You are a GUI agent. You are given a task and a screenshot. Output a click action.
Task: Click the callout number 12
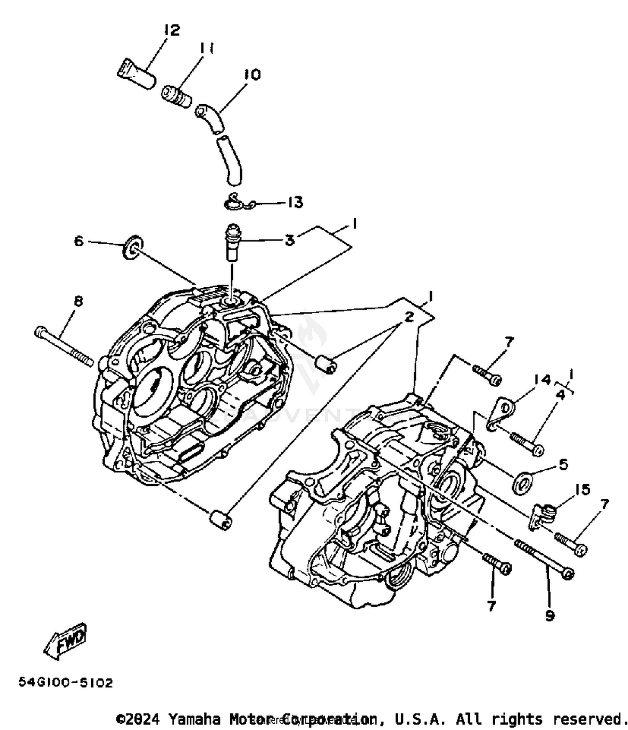click(x=171, y=30)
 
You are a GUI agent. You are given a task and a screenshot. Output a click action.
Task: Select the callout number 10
click(x=252, y=75)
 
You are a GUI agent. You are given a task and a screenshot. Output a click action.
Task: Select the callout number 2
click(x=409, y=317)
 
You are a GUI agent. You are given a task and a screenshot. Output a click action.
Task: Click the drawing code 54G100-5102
click(x=66, y=683)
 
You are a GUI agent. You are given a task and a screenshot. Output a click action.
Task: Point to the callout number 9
click(x=550, y=615)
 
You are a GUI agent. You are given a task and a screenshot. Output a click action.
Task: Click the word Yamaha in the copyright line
click(x=194, y=719)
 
